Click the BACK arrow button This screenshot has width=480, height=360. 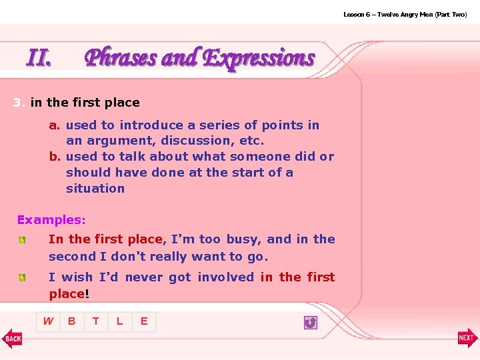pos(12,338)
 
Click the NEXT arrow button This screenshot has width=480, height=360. pos(467,338)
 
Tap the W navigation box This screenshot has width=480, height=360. pos(49,322)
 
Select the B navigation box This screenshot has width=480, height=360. pos(72,322)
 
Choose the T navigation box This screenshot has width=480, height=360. pos(96,322)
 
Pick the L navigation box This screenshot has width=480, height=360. pos(120,322)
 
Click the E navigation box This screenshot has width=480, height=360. pos(144,322)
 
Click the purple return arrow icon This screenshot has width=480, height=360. pos(310,323)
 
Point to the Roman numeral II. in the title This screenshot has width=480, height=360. pos(39,59)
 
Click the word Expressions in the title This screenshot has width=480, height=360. pos(259,59)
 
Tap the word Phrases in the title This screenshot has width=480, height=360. pos(121,59)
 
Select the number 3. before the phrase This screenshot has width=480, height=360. pos(19,103)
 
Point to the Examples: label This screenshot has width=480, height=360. pos(51,220)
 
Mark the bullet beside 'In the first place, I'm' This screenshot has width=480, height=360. pos(22,239)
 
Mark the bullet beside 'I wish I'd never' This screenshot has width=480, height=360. pos(22,277)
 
